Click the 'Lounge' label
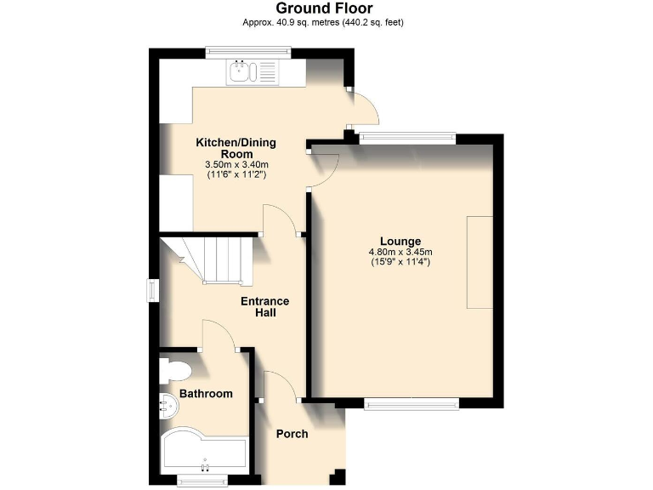click(x=400, y=241)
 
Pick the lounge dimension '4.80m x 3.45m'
click(x=400, y=252)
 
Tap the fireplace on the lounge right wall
click(x=479, y=262)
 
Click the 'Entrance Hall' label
click(x=264, y=307)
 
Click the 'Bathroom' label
click(x=206, y=394)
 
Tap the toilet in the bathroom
click(x=176, y=370)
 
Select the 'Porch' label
click(x=292, y=434)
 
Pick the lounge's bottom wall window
click(x=412, y=403)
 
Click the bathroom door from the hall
click(x=219, y=336)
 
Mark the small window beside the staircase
click(x=153, y=290)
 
